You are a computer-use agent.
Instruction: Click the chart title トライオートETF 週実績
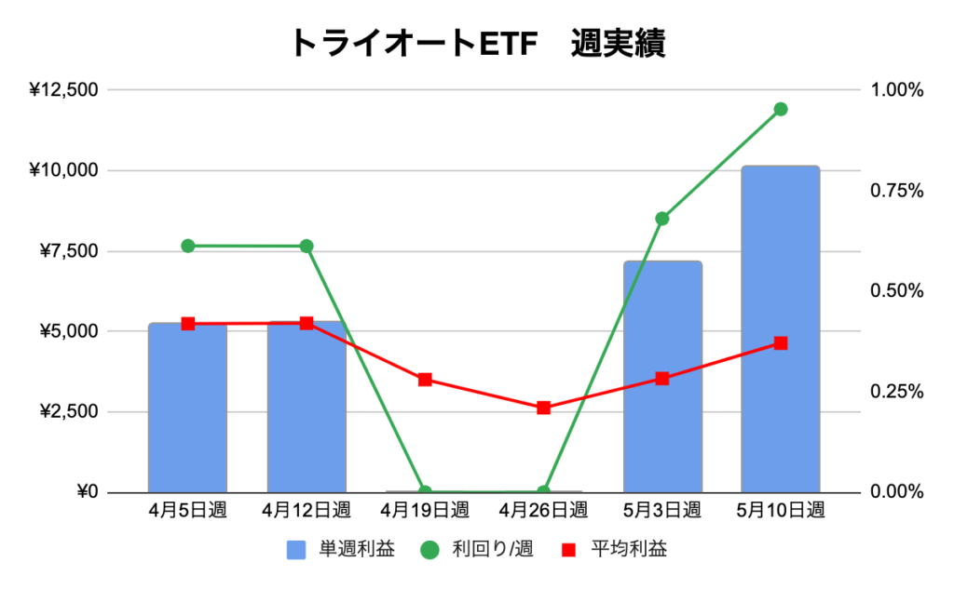(477, 43)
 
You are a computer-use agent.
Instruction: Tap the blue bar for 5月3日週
(662, 376)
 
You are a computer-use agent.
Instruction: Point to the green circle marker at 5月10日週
(781, 109)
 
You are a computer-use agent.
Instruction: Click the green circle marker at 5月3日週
(662, 219)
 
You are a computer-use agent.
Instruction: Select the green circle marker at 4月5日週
(187, 246)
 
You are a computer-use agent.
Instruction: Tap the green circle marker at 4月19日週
(425, 491)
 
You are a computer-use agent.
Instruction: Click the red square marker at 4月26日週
(544, 408)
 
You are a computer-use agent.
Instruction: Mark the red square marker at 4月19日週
(425, 380)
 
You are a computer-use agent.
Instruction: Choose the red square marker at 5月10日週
(781, 343)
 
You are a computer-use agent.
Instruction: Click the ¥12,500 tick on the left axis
(63, 90)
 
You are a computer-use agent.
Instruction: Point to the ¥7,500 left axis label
(68, 251)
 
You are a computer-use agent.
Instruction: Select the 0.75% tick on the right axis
(896, 191)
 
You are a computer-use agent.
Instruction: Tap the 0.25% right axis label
(896, 392)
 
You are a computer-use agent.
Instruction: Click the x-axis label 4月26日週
(544, 511)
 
